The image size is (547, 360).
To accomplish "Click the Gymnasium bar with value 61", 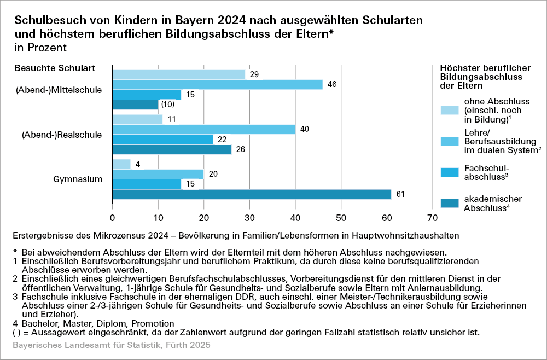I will (x=252, y=194).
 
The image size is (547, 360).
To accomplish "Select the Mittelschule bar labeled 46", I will (x=217, y=84).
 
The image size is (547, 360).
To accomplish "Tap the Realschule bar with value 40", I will (x=203, y=130).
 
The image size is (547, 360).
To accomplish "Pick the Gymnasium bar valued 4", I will (x=121, y=164).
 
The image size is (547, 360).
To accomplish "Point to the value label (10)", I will (x=168, y=104).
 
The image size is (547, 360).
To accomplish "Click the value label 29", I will (x=254, y=74).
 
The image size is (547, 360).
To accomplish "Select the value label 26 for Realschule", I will (x=240, y=149).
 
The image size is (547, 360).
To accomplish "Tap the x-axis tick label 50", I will (x=341, y=218).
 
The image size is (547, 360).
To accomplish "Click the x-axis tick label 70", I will (x=433, y=218).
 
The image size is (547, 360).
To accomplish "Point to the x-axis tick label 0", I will (x=112, y=218).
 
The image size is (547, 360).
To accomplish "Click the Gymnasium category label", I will (x=78, y=179).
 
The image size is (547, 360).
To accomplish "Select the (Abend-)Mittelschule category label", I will (x=59, y=90).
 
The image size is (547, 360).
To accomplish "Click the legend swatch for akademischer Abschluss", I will (x=450, y=204).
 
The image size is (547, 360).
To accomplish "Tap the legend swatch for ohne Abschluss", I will (x=450, y=111).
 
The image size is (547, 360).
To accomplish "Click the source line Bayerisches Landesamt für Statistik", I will (x=111, y=346).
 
